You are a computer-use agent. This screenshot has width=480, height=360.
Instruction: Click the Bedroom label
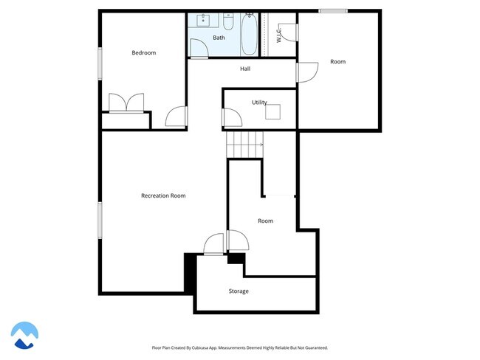click(144, 52)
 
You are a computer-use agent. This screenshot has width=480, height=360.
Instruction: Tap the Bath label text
click(219, 37)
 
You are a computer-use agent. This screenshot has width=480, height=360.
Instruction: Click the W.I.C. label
click(278, 35)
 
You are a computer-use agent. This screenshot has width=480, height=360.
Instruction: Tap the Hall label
click(245, 69)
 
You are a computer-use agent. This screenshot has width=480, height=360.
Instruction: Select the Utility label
click(259, 103)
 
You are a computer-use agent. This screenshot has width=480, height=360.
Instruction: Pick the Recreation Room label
click(163, 195)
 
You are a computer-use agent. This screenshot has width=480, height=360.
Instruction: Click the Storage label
click(239, 291)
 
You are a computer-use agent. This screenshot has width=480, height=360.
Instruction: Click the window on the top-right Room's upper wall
click(333, 10)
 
